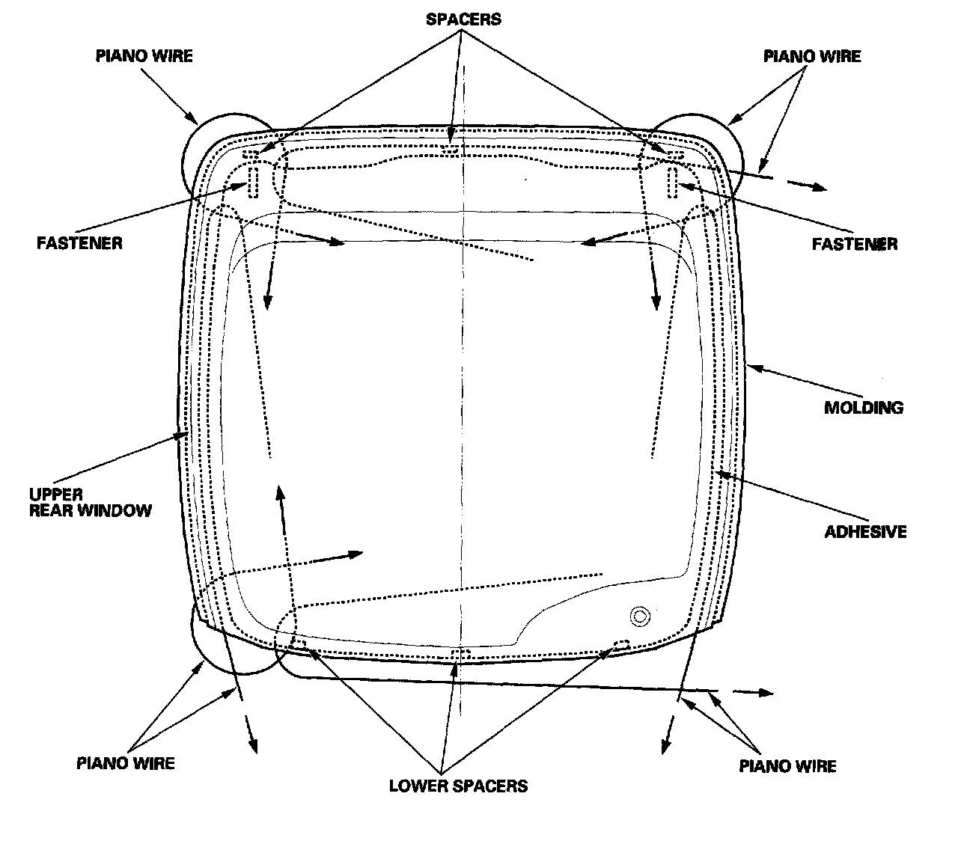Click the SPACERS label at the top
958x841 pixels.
coord(463,19)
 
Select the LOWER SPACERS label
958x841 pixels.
coord(458,786)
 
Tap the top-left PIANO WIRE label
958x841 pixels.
coord(144,56)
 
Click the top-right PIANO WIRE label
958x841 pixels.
coord(812,56)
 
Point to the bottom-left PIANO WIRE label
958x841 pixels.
coord(126,763)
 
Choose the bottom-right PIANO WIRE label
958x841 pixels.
coord(787,765)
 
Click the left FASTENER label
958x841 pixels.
coord(79,243)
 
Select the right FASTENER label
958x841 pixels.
coord(855,244)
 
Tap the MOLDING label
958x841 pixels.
coord(864,408)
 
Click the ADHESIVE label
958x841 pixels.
coord(865,532)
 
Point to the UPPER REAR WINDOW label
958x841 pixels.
coord(90,502)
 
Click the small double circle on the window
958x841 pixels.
coord(639,616)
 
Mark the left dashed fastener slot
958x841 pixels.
coord(253,180)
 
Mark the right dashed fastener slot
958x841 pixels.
coord(672,181)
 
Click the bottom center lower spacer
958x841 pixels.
coord(461,655)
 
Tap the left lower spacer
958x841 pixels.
coord(298,643)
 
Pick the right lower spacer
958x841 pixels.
coord(621,644)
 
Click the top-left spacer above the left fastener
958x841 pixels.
coord(251,155)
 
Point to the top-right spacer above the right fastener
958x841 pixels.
coord(674,154)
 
